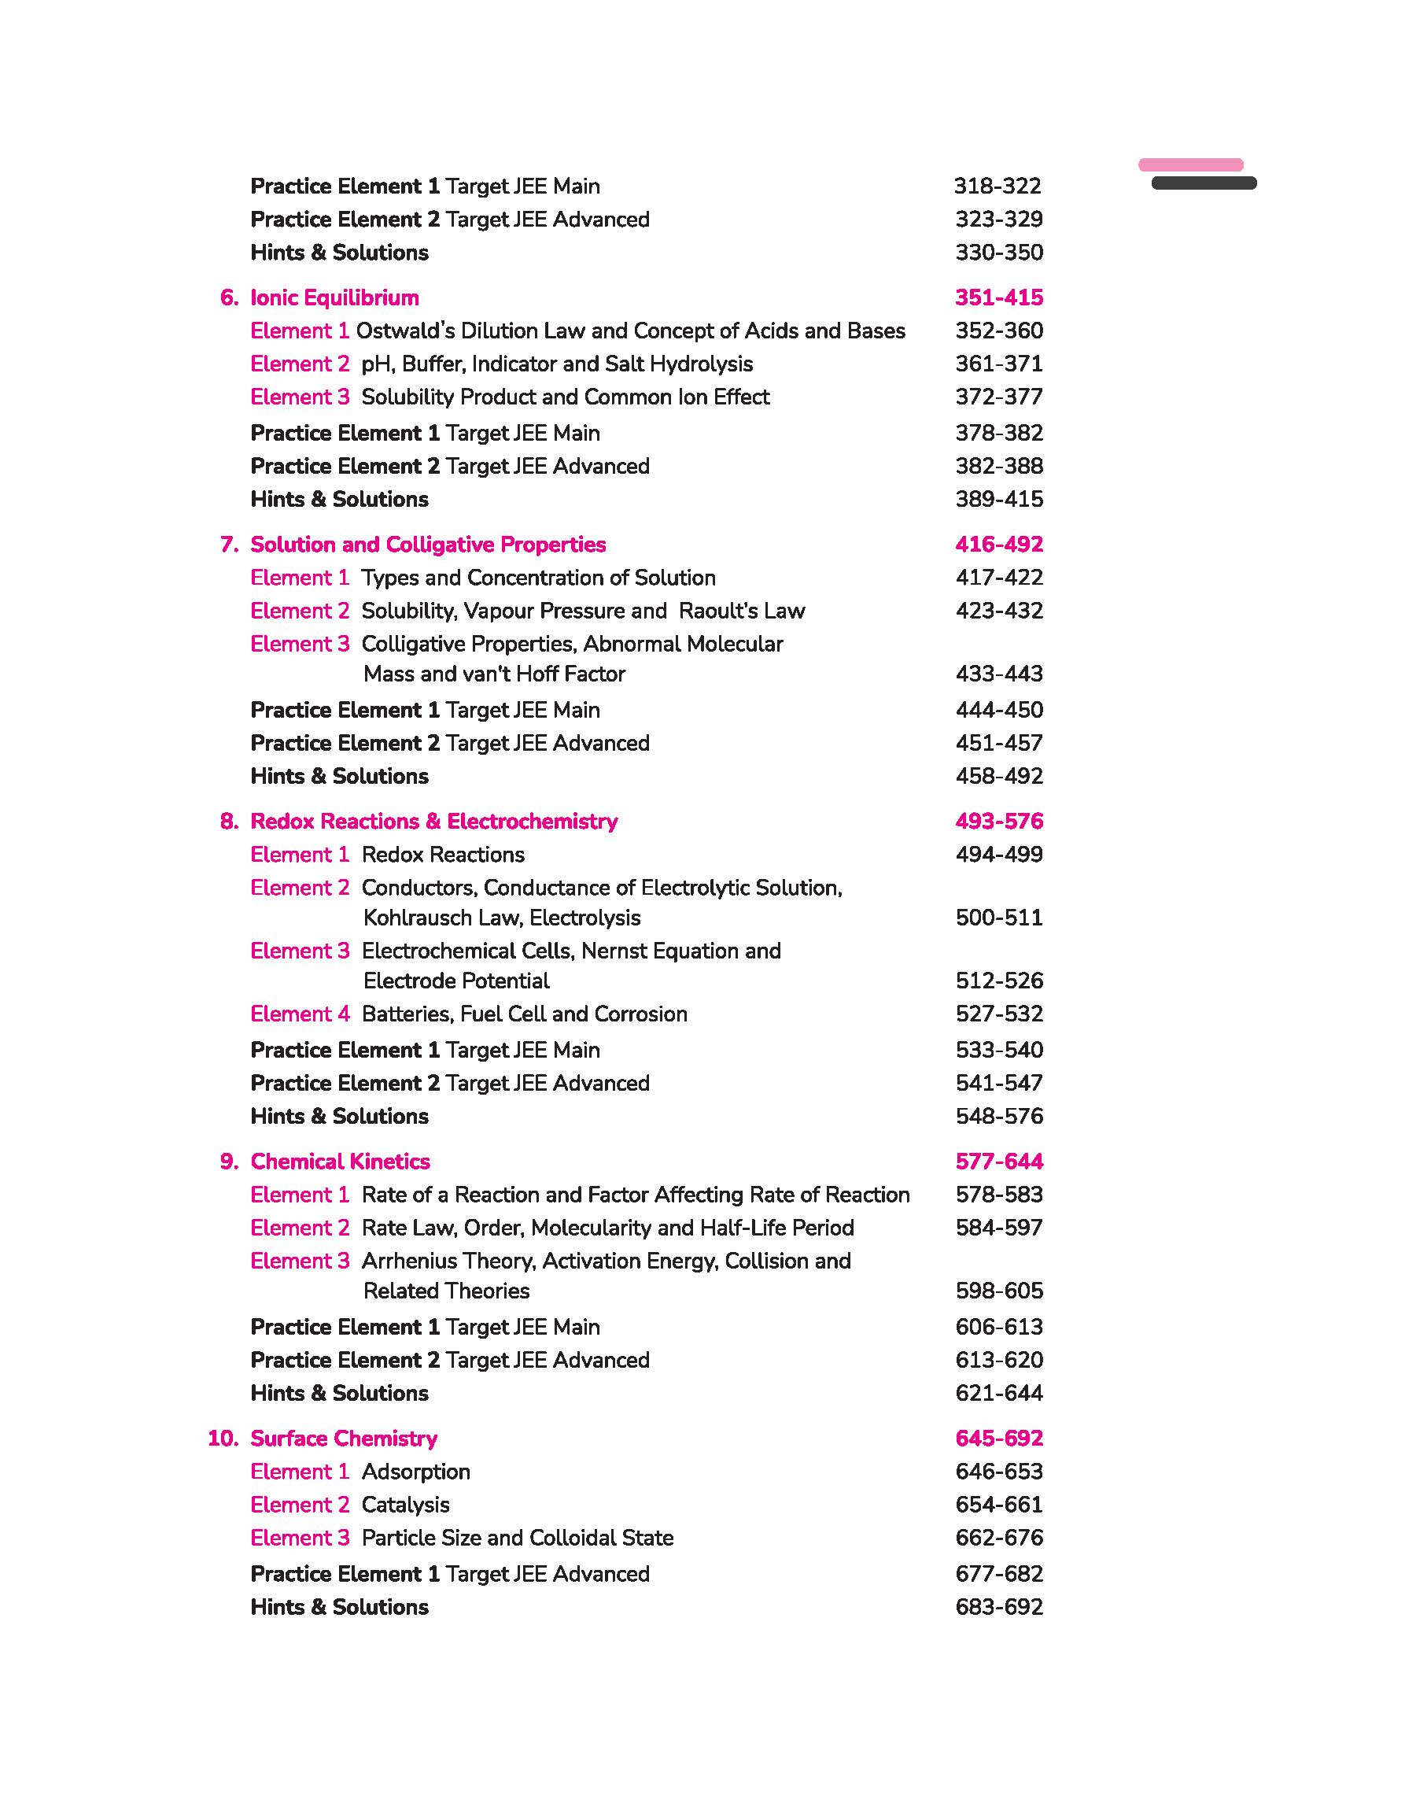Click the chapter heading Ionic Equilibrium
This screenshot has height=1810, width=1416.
click(x=334, y=297)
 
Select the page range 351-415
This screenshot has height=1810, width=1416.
click(x=999, y=297)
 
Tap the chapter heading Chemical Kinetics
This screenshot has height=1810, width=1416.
click(x=340, y=1162)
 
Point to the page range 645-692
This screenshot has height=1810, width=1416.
click(x=999, y=1439)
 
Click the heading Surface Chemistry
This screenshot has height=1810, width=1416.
click(x=343, y=1439)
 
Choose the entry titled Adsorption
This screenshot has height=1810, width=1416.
click(x=416, y=1472)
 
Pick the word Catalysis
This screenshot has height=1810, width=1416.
click(x=405, y=1505)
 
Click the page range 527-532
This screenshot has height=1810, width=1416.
click(x=999, y=1014)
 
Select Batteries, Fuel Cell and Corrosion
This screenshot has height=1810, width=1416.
click(x=524, y=1014)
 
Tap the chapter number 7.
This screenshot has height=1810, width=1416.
click(x=229, y=545)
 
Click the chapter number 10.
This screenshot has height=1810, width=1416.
click(x=223, y=1439)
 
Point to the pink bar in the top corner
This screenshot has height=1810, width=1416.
click(x=1190, y=165)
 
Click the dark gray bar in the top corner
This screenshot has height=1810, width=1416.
click(x=1204, y=183)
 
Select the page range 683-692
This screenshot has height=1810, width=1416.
click(x=999, y=1608)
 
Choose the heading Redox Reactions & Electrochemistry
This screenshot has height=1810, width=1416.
click(x=433, y=822)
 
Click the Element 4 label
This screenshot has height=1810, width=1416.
click(x=300, y=1014)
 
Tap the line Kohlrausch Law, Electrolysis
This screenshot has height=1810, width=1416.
click(x=502, y=918)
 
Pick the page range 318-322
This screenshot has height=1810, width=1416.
click(x=997, y=187)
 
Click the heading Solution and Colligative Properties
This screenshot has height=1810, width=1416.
click(x=428, y=545)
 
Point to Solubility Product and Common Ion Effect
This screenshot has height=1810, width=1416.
click(x=566, y=397)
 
